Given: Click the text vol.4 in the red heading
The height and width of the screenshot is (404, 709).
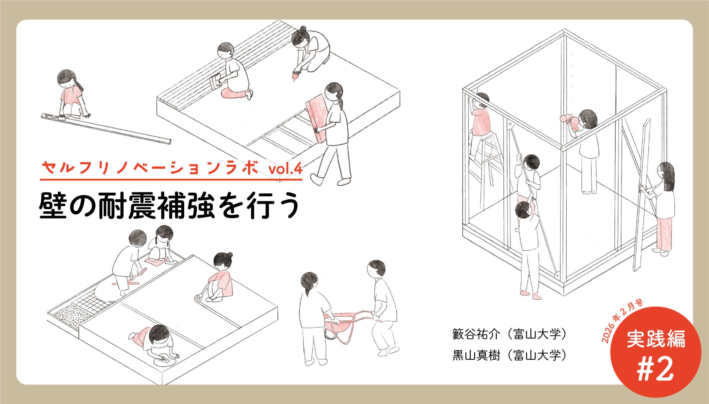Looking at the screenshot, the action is pos(285,168).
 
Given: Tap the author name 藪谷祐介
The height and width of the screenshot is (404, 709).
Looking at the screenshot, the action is pos(476,334).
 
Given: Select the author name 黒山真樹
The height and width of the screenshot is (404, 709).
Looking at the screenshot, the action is pos(476,355).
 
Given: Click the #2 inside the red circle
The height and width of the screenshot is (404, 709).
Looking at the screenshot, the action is pos(656,369).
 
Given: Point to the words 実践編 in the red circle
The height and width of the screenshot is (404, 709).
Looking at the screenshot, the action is pos(656,339).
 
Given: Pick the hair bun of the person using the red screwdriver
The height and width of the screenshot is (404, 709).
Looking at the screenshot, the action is pos(303,28).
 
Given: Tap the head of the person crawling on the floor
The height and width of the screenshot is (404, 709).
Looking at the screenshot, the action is pos(159,334).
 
